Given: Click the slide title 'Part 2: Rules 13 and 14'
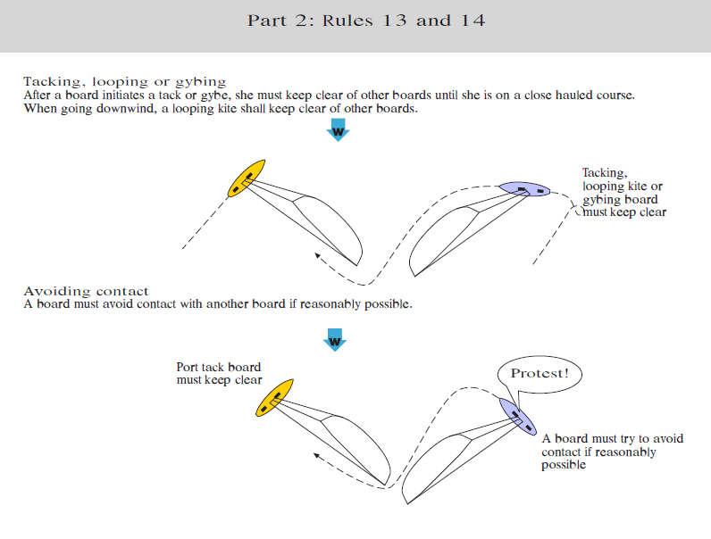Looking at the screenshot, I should pos(366,21).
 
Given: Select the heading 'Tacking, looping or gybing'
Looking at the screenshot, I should pos(125,81).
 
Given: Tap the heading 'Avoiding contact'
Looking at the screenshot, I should pos(86,291).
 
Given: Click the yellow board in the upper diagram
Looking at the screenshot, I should pos(247,178).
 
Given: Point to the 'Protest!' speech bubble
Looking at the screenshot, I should pos(539,373).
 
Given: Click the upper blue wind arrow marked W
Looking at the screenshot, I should pos(339,132).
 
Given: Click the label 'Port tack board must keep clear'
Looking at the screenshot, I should pos(219,373).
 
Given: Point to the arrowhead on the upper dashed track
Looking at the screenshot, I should pos(317,258).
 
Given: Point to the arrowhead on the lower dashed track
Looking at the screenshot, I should pos(317,457).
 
